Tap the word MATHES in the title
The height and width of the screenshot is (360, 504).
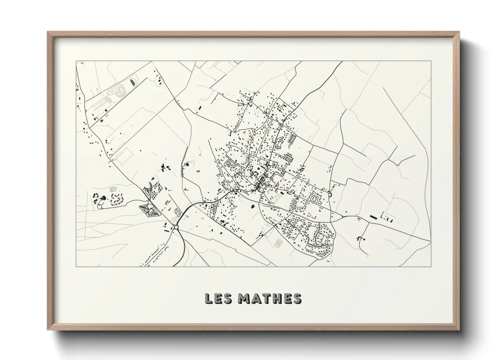(269, 298)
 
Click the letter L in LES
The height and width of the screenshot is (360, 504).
(208, 298)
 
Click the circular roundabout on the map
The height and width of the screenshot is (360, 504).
(176, 227)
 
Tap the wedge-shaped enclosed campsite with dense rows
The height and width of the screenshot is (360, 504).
(149, 211)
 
